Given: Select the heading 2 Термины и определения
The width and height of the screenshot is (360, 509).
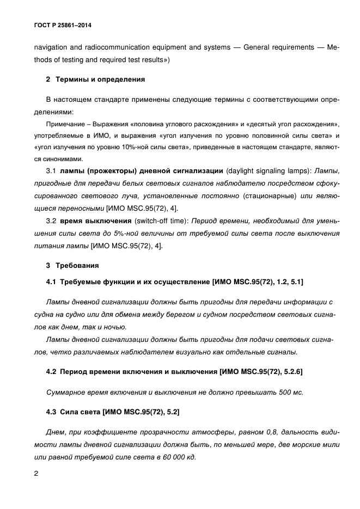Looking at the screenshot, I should [x=95, y=79].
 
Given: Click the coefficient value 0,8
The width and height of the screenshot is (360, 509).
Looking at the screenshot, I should [x=252, y=432].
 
